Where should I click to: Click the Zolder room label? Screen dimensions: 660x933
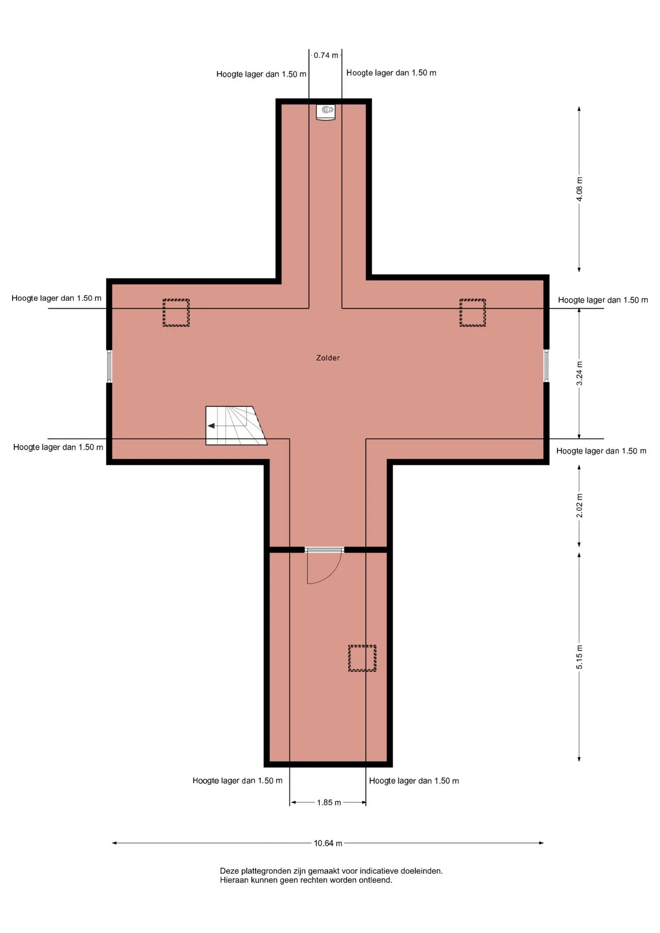point(328,358)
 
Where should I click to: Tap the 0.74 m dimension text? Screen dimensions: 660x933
point(326,55)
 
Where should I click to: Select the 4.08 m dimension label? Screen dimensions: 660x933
point(579,189)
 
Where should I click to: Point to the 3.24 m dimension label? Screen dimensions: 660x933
point(579,373)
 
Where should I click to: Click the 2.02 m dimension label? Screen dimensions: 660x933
point(579,505)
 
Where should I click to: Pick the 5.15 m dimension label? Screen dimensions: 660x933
point(579,657)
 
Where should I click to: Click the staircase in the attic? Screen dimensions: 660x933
point(236,425)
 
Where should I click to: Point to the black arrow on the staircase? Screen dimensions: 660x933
point(211,426)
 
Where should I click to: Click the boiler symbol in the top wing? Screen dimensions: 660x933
point(326,112)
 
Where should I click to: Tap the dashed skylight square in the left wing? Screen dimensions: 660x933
point(176,312)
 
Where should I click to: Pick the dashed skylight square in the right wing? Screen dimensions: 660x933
point(472,312)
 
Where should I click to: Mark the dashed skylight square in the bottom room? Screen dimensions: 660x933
point(362,658)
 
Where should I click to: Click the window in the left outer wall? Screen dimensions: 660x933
point(109,366)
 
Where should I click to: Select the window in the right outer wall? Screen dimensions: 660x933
point(546,365)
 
